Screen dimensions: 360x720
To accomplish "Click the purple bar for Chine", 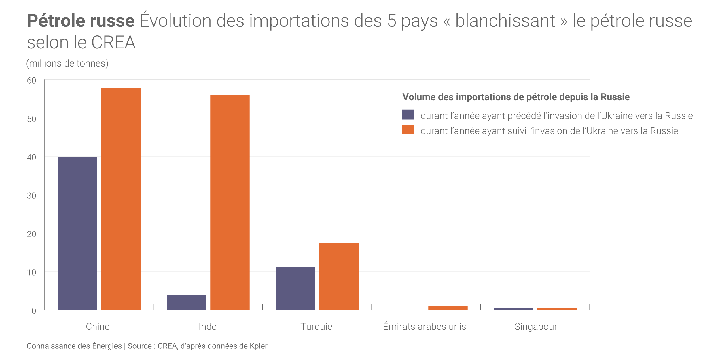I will click(77, 233).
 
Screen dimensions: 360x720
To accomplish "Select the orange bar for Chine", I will click(121, 199).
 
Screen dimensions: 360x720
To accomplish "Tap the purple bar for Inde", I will click(186, 302).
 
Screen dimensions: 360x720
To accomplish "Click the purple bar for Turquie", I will click(295, 289).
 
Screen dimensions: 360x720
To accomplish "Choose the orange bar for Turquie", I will click(339, 276).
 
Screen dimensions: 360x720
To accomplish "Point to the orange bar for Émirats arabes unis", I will click(448, 308).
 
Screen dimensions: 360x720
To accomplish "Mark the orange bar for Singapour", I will click(557, 309).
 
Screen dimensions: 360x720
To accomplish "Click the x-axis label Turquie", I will click(316, 327).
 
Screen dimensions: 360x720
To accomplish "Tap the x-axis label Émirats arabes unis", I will click(424, 327).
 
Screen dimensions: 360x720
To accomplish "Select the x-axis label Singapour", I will click(536, 327).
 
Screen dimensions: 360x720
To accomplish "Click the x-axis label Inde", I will click(207, 327).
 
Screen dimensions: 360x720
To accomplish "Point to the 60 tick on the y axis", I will click(31, 81).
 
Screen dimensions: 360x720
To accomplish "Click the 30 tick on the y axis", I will click(31, 196).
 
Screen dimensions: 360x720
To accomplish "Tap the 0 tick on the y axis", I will click(34, 311).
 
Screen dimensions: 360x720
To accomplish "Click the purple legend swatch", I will click(408, 115).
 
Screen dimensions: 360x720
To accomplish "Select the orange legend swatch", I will click(408, 130).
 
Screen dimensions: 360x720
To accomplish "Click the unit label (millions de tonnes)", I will click(67, 63).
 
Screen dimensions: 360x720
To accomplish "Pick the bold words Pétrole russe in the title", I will click(81, 21).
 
